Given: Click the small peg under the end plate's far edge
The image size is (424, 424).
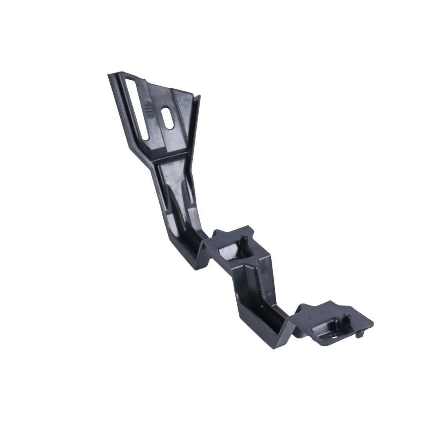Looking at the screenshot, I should coord(360,334).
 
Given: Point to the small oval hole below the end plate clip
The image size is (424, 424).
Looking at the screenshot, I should coord(334,336).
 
